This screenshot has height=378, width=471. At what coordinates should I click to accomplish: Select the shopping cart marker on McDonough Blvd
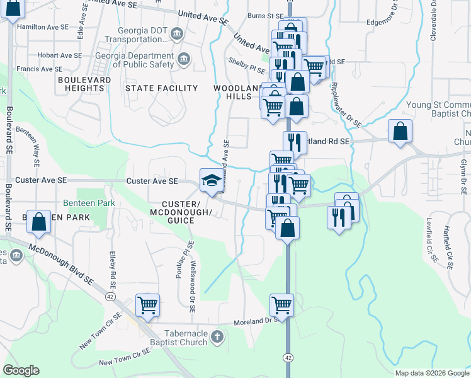pyautogui.click(x=147, y=306)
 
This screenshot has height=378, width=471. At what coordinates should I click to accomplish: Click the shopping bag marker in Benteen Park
pyautogui.click(x=39, y=222)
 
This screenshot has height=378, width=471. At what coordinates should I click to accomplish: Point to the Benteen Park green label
pyautogui.click(x=89, y=203)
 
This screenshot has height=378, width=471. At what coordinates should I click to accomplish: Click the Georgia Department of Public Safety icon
pyautogui.click(x=183, y=59)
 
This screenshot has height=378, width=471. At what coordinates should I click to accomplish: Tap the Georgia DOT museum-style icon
pyautogui.click(x=177, y=33)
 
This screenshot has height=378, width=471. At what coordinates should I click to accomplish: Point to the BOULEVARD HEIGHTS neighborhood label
pyautogui.click(x=81, y=84)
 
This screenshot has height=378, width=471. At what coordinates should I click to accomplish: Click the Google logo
pyautogui.click(x=21, y=370)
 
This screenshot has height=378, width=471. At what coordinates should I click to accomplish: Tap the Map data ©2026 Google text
pyautogui.click(x=431, y=373)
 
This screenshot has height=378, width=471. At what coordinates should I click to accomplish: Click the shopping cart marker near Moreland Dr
pyautogui.click(x=281, y=306)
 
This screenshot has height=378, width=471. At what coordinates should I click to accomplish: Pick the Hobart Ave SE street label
pyautogui.click(x=59, y=55)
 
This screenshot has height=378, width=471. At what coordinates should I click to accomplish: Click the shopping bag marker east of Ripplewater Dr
pyautogui.click(x=400, y=131)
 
